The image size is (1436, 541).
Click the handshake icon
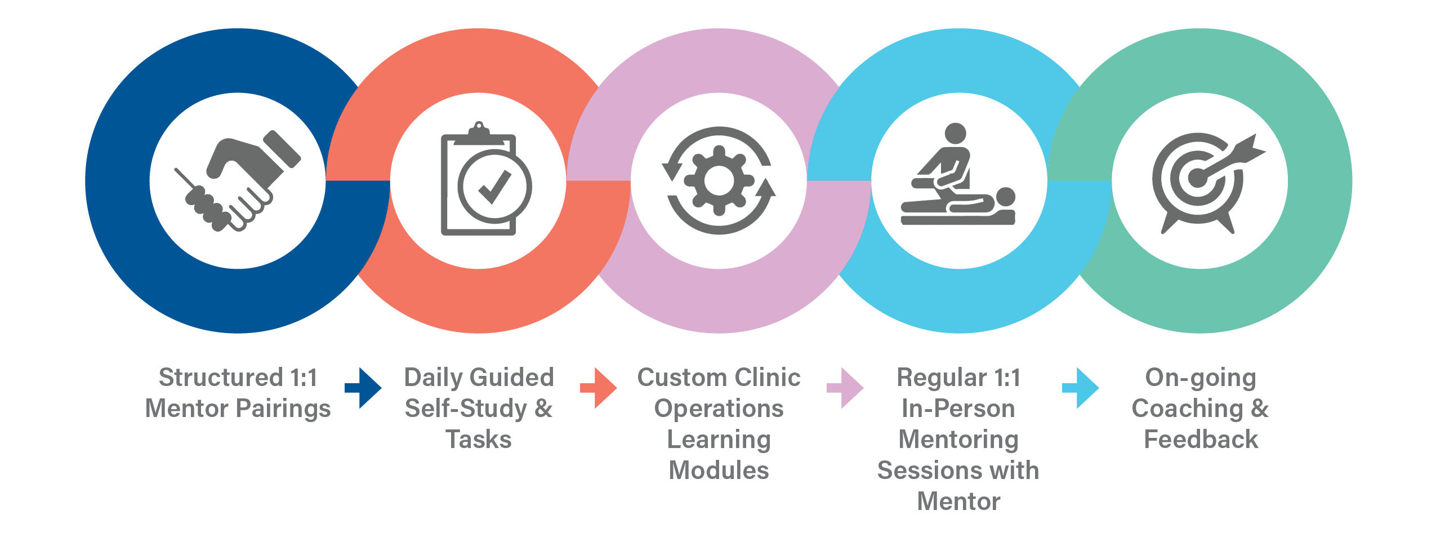coord(238,180)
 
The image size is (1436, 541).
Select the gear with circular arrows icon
coord(719,180)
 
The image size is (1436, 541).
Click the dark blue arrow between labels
coord(363,388)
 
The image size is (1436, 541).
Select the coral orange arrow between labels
coord(599,388)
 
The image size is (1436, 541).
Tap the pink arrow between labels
coord(845,388)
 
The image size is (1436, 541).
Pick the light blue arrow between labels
coord(1080,388)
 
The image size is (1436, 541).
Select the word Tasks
coord(479,440)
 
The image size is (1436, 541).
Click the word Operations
coord(719,409)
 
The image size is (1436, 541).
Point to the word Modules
coord(719,471)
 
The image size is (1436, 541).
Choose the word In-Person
coord(958,409)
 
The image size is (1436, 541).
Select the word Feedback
coord(1201,440)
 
